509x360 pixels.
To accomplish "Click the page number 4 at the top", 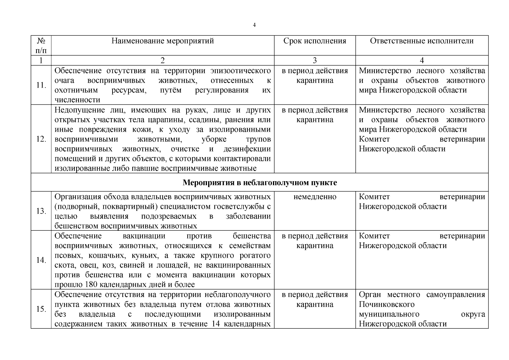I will (254, 25).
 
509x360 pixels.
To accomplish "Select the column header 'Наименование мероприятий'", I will (163, 41).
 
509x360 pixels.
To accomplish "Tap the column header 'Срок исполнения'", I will (315, 41).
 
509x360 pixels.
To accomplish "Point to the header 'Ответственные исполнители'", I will (422, 41).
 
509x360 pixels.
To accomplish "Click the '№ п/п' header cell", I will (41, 45).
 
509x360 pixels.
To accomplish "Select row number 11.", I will (41, 85).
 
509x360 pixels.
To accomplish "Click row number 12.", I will (41, 139).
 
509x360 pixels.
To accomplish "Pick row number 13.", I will (41, 211).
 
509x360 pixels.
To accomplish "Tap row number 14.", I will (41, 260).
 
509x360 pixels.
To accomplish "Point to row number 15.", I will (41, 309).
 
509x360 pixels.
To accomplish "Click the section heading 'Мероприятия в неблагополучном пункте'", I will (260, 183).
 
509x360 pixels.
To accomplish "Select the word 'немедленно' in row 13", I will (315, 197).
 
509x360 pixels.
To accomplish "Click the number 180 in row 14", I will (91, 284).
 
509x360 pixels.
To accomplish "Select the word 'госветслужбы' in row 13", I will (239, 206).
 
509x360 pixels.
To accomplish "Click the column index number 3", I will (315, 61).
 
